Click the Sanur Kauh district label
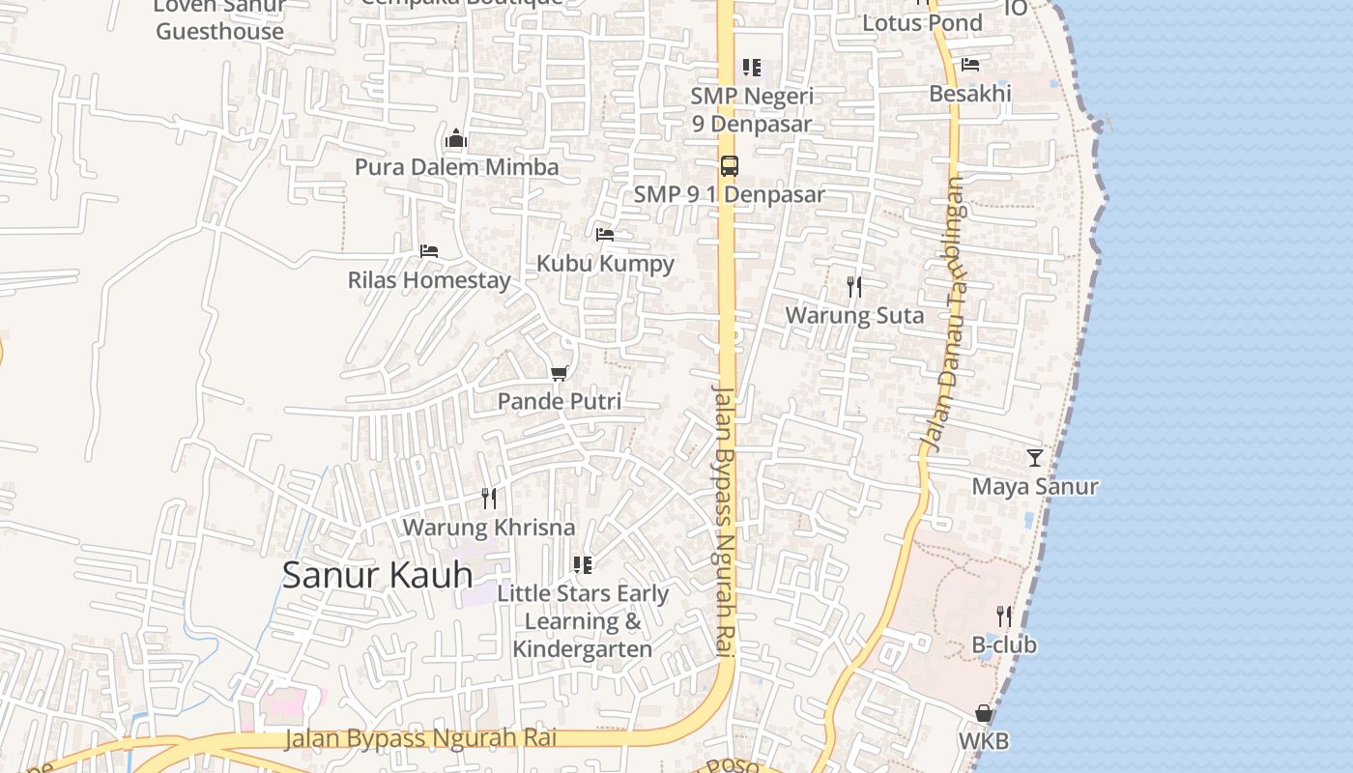(x=377, y=575)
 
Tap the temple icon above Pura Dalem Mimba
(x=456, y=138)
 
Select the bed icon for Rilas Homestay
(x=429, y=251)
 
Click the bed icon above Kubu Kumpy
(x=605, y=234)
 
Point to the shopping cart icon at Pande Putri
(x=559, y=373)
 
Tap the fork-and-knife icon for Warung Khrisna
(x=489, y=499)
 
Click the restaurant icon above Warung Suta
(x=853, y=286)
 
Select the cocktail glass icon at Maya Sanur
(x=1035, y=457)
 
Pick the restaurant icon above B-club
(x=1004, y=616)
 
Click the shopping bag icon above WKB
(x=984, y=713)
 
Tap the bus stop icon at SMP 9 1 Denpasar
(x=729, y=165)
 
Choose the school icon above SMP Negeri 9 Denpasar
(x=751, y=68)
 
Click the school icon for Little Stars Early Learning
(x=582, y=564)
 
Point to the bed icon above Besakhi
(x=970, y=65)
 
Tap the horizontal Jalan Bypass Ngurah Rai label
(x=420, y=739)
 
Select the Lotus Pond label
(x=922, y=23)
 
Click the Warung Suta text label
(x=854, y=316)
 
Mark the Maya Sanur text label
(x=1035, y=486)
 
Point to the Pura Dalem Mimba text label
(x=456, y=167)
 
